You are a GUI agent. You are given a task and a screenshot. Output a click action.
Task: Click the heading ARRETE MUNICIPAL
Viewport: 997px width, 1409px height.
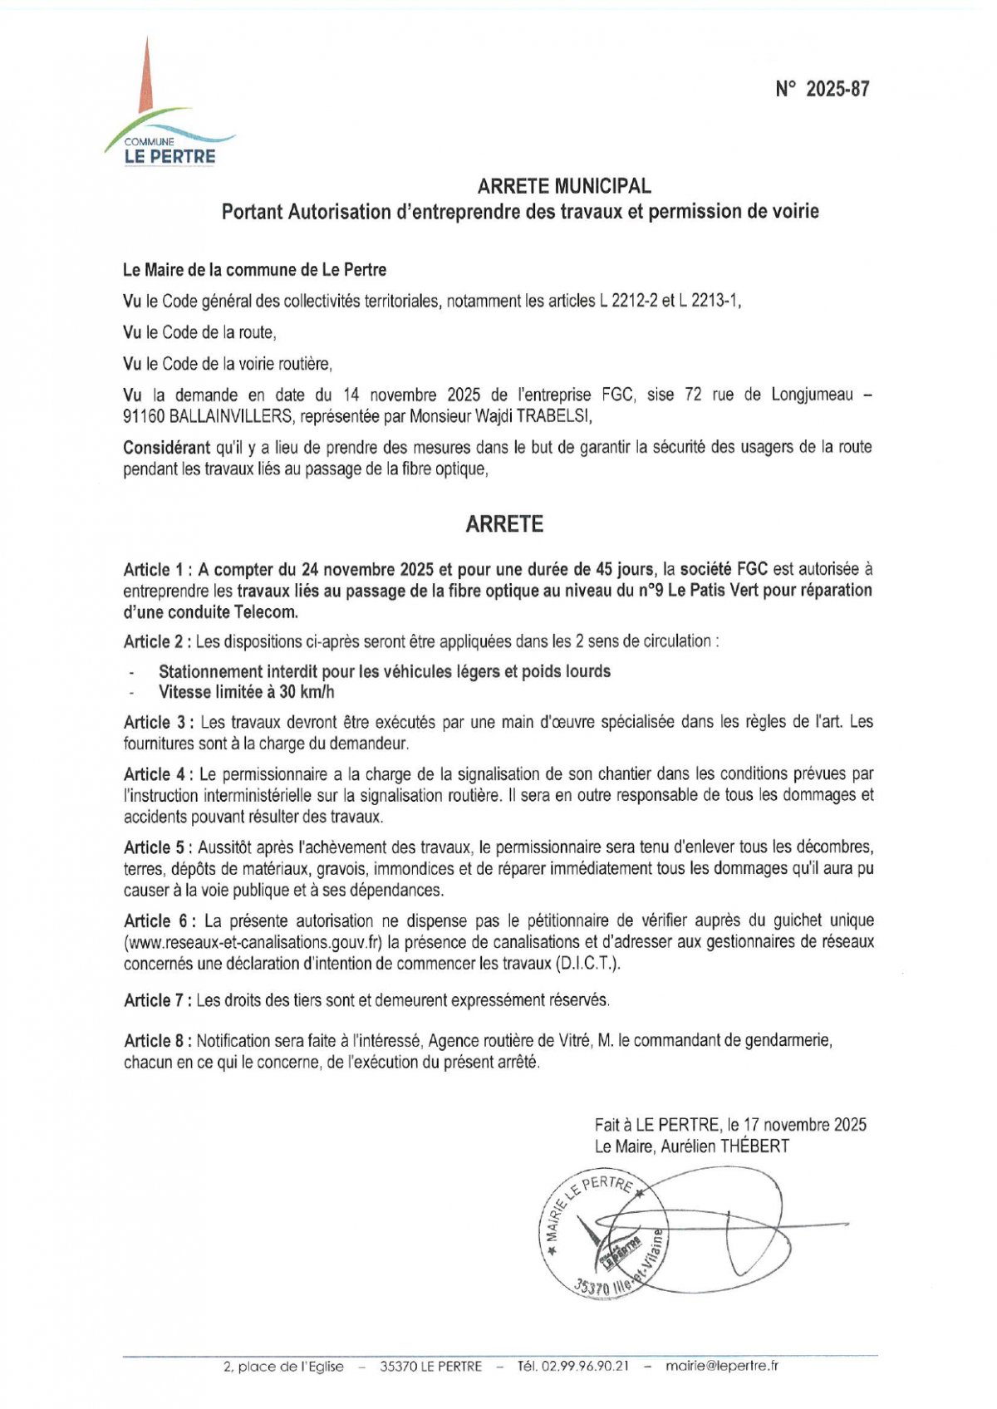564,187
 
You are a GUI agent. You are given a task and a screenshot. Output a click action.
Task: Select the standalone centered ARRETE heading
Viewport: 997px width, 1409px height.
504,524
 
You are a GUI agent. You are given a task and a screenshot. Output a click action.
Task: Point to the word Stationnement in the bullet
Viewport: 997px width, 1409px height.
211,671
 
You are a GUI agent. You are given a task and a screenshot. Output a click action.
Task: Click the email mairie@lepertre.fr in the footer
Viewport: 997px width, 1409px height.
722,1366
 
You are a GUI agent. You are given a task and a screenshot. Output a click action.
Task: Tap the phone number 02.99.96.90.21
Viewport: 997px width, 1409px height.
585,1366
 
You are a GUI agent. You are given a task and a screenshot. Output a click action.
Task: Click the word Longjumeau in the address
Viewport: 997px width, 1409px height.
813,395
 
